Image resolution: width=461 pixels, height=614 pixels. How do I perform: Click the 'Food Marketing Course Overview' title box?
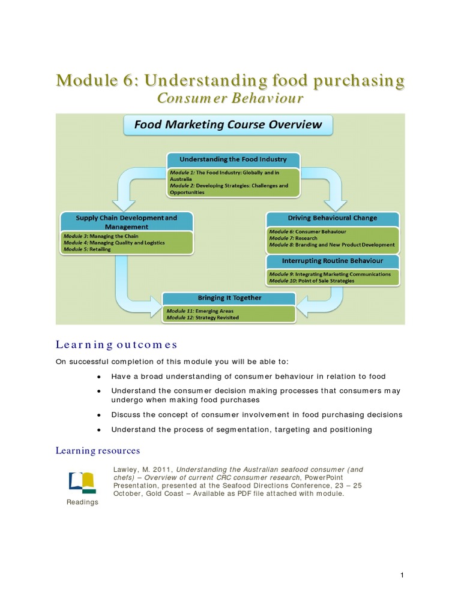click(x=227, y=125)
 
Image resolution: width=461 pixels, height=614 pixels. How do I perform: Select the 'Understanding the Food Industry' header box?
click(x=234, y=159)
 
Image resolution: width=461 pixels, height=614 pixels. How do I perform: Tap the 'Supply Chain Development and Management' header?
click(x=127, y=222)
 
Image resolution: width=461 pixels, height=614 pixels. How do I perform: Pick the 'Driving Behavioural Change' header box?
click(x=332, y=218)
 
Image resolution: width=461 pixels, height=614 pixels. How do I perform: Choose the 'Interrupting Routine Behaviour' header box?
click(x=332, y=261)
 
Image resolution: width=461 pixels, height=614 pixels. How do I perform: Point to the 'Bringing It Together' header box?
click(x=229, y=297)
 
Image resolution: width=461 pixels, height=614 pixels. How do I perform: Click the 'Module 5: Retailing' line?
click(x=87, y=249)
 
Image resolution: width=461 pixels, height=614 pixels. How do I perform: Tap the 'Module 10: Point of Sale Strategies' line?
click(x=312, y=281)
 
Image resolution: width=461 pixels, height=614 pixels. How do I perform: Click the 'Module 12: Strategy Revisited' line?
click(x=202, y=317)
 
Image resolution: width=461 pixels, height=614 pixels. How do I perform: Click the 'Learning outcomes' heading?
click(x=116, y=344)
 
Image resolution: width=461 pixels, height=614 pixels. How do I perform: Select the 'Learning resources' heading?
click(x=98, y=450)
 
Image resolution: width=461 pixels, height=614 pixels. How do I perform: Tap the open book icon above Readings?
click(x=82, y=482)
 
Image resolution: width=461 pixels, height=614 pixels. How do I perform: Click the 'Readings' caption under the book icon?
click(x=82, y=502)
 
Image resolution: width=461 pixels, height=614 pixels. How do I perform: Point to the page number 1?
click(x=402, y=576)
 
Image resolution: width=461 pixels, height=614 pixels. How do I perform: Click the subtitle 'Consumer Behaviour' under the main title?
click(x=230, y=98)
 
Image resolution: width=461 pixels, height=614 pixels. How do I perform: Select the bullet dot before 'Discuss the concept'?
click(x=98, y=415)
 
